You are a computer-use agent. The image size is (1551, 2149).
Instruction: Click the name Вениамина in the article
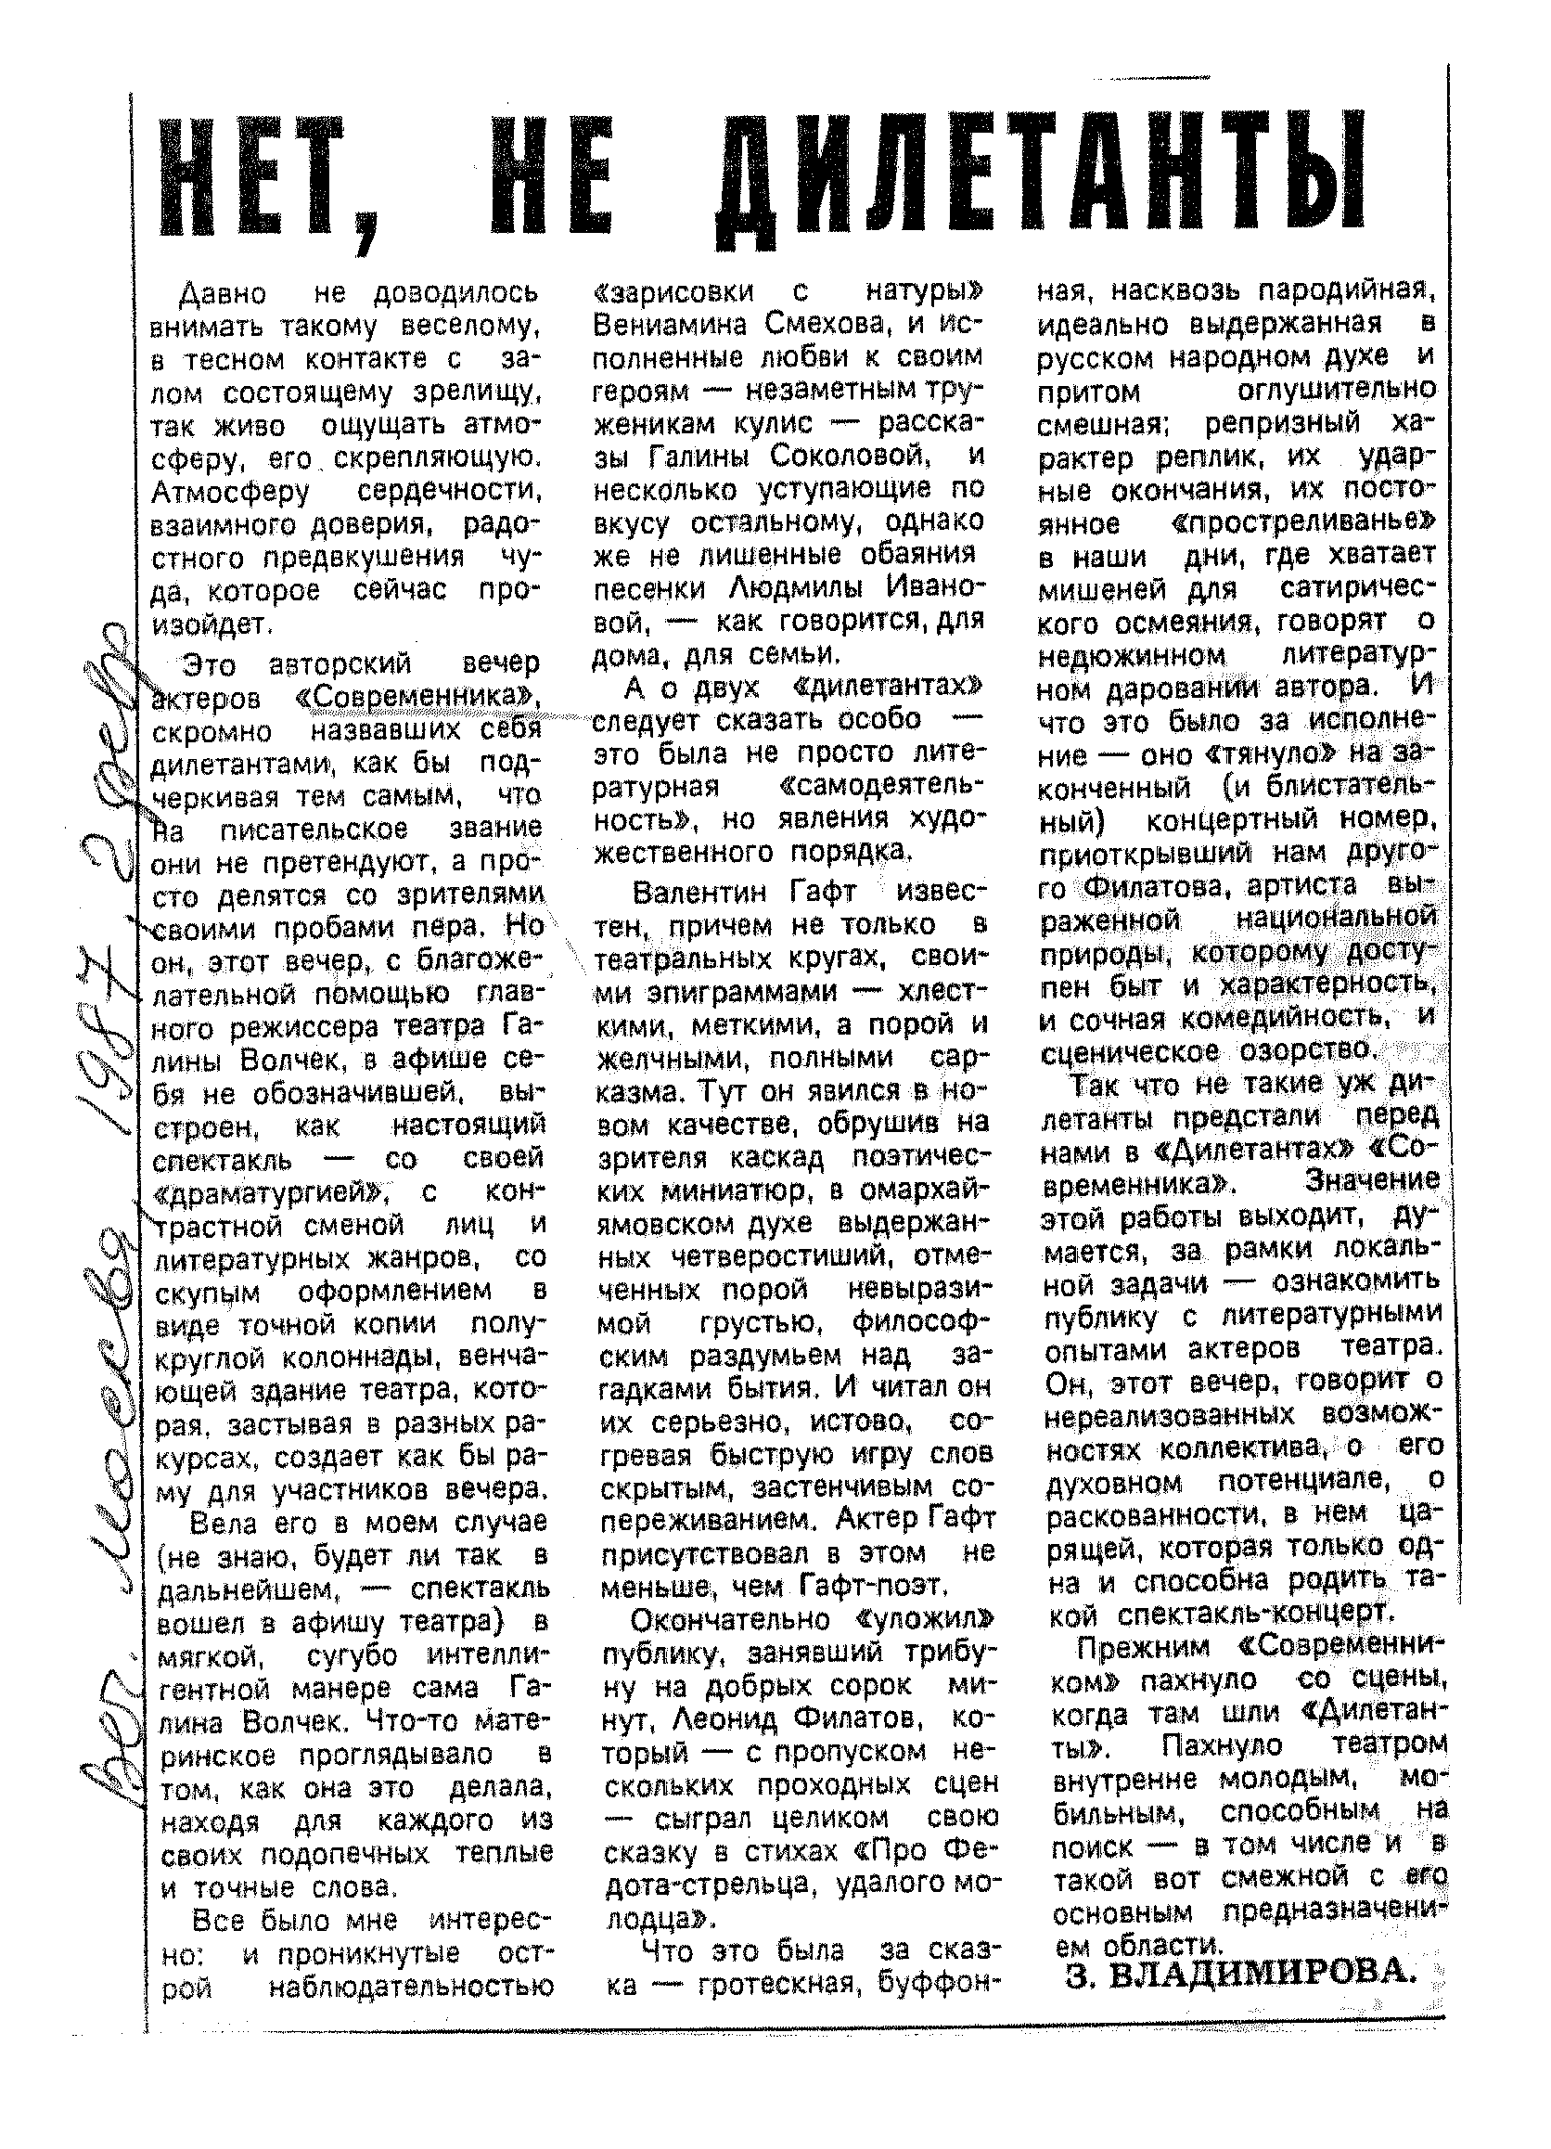669,325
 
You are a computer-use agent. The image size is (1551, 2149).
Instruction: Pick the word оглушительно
1337,391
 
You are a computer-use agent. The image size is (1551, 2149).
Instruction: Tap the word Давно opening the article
222,293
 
